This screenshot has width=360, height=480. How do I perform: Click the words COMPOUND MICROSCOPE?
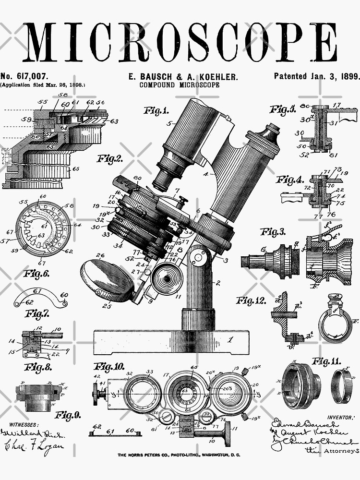[180, 85]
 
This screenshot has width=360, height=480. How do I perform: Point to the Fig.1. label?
[156, 111]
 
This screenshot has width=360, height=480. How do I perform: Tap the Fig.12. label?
[251, 301]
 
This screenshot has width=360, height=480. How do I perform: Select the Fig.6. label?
[36, 274]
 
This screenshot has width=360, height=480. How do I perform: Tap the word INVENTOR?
[341, 418]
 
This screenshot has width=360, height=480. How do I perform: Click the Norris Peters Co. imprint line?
[179, 455]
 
